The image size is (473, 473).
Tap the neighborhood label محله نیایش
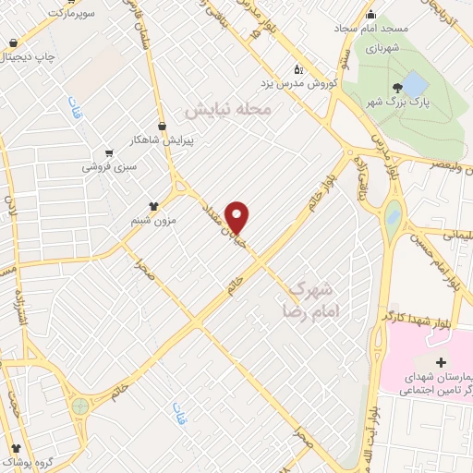(x=230, y=110)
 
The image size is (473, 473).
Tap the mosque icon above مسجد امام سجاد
(x=370, y=14)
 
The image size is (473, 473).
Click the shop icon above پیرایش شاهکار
(x=163, y=125)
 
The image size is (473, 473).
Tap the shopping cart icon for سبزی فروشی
(x=109, y=152)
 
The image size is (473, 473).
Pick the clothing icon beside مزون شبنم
(x=154, y=206)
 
